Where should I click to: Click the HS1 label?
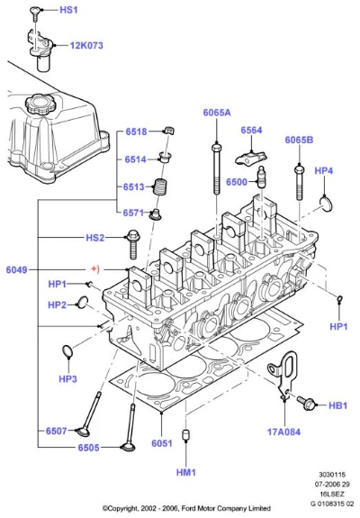pyautogui.click(x=68, y=10)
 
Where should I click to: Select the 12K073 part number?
pyautogui.click(x=86, y=45)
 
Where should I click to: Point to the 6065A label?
pyautogui.click(x=217, y=113)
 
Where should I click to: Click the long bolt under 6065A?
pyautogui.click(x=217, y=168)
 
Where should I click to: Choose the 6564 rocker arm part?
pyautogui.click(x=250, y=158)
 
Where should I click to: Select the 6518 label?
pyautogui.click(x=136, y=132)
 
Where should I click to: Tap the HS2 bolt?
pyautogui.click(x=133, y=245)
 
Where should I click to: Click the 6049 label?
pyautogui.click(x=16, y=270)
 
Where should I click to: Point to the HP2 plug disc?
pyautogui.click(x=82, y=303)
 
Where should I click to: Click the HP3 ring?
pyautogui.click(x=67, y=351)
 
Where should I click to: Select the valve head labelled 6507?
pyautogui.click(x=83, y=432)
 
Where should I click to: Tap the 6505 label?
pyautogui.click(x=88, y=448)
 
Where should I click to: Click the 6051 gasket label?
pyautogui.click(x=162, y=443)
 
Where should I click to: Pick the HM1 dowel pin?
pyautogui.click(x=186, y=434)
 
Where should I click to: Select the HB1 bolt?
pyautogui.click(x=306, y=403)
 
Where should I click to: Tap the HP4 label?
pyautogui.click(x=323, y=171)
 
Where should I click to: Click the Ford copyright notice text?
pyautogui.click(x=186, y=508)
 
